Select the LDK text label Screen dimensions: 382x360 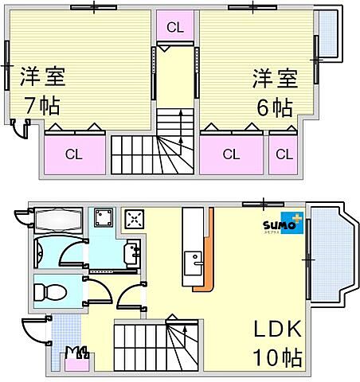click(x=277, y=329)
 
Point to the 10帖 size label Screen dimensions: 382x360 click(x=277, y=357)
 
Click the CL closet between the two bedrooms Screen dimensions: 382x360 click(x=175, y=27)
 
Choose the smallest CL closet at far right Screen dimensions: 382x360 click(x=283, y=154)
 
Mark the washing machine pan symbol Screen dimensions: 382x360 click(x=104, y=219)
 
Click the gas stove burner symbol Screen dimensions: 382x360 click(x=134, y=218)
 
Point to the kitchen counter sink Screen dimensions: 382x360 click(x=193, y=261)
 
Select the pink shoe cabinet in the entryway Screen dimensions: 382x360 click(x=76, y=364)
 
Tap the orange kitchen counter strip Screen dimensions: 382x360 click(x=209, y=251)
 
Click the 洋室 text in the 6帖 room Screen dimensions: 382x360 click(x=275, y=79)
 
